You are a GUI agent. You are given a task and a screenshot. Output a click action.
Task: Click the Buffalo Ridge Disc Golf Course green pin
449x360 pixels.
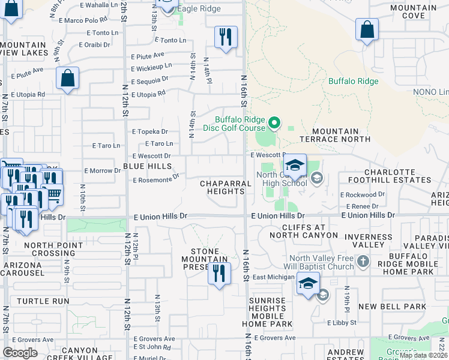pos(274,124)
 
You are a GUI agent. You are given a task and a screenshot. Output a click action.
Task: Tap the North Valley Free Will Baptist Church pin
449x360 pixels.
pos(363,262)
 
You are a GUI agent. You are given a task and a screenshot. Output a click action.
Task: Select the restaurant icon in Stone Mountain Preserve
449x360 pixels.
pos(219,274)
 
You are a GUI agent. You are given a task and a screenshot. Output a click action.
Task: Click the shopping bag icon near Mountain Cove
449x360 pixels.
pos(367,30)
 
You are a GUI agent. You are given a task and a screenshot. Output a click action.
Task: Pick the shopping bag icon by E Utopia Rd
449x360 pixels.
pos(68,79)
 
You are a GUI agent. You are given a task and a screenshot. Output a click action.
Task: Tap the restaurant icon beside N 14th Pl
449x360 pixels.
pos(226,37)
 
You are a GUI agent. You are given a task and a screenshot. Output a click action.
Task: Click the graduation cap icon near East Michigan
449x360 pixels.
pos(308,284)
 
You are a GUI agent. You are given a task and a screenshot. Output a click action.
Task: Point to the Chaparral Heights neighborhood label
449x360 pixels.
pos(222,187)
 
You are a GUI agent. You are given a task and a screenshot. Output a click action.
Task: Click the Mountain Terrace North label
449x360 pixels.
pos(335,135)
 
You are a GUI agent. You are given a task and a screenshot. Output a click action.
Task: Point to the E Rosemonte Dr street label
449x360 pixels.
pos(156,179)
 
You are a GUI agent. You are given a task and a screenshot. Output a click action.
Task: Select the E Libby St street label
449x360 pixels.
pos(342,323)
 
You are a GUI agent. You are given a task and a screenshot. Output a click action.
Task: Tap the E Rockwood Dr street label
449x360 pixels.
pos(362,195)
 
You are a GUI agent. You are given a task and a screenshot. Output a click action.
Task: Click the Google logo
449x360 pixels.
pos(20,352)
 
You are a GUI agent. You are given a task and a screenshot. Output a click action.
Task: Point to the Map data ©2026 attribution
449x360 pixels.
pos(423,355)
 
